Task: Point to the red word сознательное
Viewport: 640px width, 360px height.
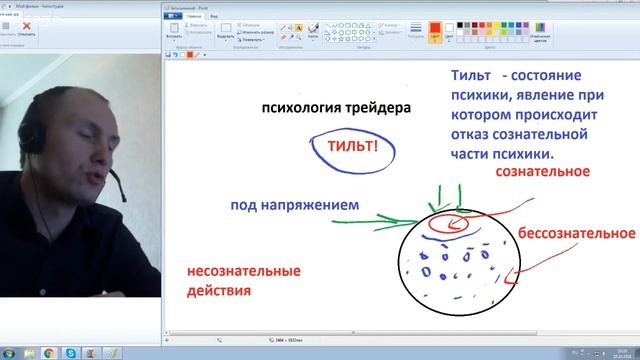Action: click(x=543, y=172)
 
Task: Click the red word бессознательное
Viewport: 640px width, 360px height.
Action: click(x=577, y=233)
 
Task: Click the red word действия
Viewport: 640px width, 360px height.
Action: click(x=218, y=291)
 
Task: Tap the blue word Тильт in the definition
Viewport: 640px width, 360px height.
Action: click(x=471, y=77)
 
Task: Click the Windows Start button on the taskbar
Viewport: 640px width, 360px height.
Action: click(x=7, y=353)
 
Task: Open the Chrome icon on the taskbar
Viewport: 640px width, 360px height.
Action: click(x=49, y=353)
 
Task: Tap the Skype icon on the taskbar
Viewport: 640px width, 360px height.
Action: click(x=70, y=353)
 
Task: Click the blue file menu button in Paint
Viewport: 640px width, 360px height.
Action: click(x=175, y=16)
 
